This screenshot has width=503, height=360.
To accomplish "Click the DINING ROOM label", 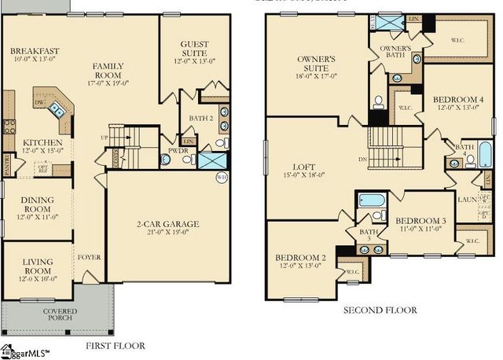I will click(37, 205).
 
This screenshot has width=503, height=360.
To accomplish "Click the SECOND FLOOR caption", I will click(380, 311).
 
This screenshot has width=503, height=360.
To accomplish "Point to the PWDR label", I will click(175, 150).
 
